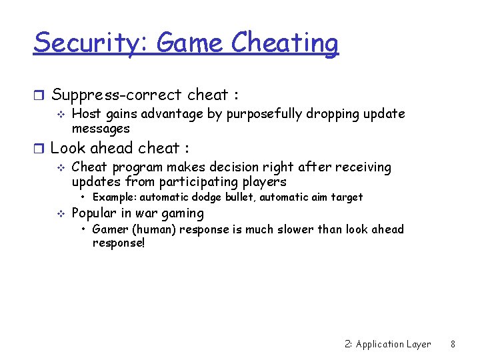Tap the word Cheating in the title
point(285,43)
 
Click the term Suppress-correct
point(116,95)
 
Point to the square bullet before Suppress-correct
point(39,95)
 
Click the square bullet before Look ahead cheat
point(39,148)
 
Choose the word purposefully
point(264,114)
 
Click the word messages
point(101,128)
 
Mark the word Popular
point(94,213)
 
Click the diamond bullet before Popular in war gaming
point(61,213)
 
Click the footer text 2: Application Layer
point(388,344)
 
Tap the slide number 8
point(453,344)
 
